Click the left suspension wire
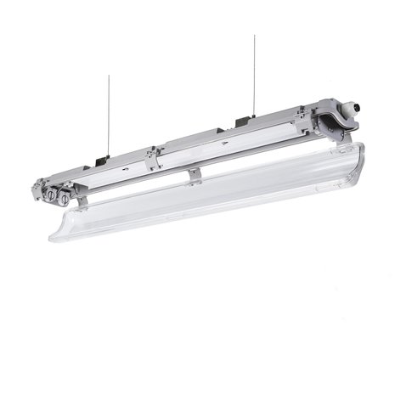107,119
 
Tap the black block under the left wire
102,160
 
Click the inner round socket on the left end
64,199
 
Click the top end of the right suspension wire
253,37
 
